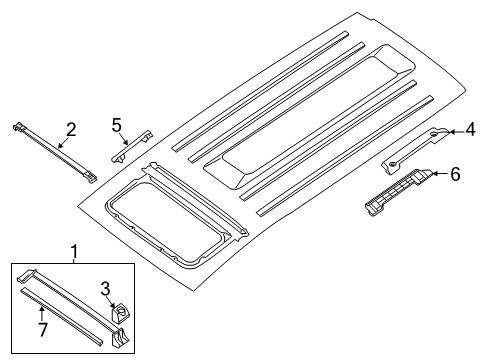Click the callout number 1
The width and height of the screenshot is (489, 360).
pos(74,251)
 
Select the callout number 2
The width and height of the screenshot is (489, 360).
pos(71,130)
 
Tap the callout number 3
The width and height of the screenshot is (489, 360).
pos(105,289)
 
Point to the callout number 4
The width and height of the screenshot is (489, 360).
pos(470,130)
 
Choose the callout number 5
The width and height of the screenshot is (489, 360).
pos(116,125)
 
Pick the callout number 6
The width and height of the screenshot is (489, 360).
pos(455,174)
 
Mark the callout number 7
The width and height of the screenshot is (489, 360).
pos(43,330)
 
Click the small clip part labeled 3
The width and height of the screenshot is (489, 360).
pos(120,313)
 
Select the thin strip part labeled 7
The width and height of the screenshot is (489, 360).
pos(62,318)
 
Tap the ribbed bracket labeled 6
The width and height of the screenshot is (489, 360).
pos(399,191)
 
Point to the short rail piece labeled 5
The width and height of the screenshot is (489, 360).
pos(132,147)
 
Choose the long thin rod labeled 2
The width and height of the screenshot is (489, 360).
pos(55,153)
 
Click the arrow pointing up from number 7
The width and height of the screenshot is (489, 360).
pos(41,313)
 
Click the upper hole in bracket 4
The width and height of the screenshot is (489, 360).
pos(435,134)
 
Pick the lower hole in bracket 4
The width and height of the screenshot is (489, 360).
pos(393,163)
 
